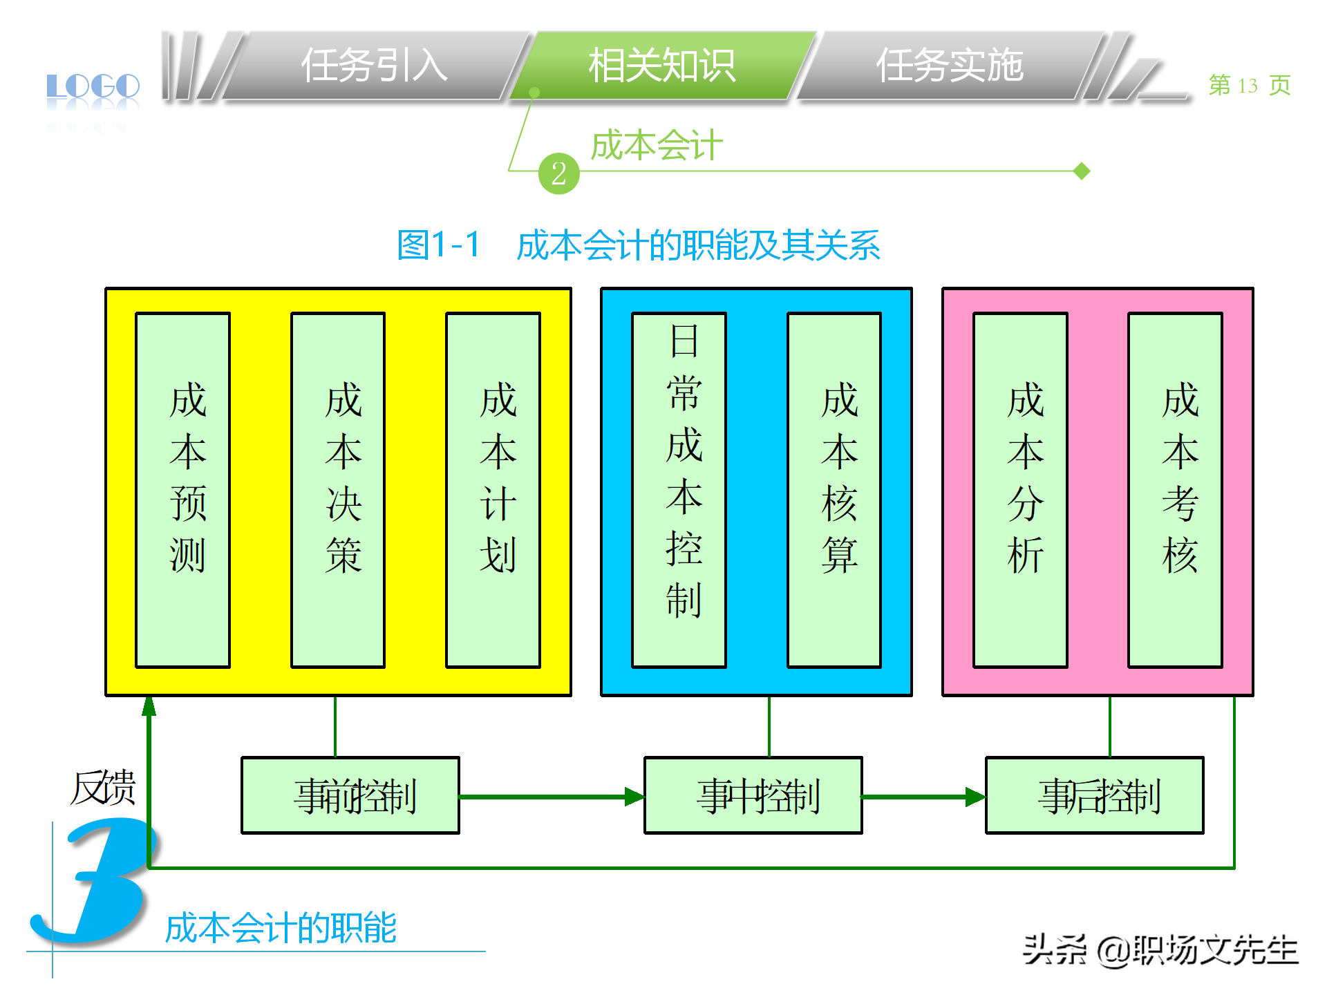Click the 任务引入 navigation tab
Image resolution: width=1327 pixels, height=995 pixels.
[374, 66]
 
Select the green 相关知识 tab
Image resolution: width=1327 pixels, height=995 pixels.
[661, 66]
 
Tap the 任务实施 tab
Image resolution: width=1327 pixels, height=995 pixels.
[949, 66]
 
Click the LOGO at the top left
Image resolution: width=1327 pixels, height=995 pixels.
[93, 87]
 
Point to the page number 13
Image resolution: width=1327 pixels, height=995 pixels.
[1248, 86]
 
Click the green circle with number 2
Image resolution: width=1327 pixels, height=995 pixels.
[558, 173]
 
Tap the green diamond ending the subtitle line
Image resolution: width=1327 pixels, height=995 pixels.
[1082, 171]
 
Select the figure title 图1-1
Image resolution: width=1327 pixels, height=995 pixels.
[438, 245]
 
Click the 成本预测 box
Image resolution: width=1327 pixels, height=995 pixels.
[183, 490]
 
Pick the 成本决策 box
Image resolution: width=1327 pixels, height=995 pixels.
[338, 490]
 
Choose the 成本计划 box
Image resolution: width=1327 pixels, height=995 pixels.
[493, 490]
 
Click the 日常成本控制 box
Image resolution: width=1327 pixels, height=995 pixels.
[679, 490]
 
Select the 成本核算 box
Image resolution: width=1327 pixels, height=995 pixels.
[834, 490]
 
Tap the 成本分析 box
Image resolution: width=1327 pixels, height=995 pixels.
[1020, 490]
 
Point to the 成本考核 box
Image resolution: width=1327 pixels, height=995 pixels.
[1175, 490]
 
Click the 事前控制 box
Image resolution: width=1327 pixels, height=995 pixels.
[350, 795]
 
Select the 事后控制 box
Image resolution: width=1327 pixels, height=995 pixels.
[1094, 795]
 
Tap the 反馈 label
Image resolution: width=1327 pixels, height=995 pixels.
[103, 788]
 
